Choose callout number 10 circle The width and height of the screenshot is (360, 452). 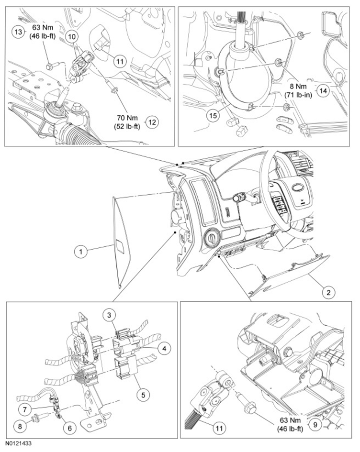(72, 36)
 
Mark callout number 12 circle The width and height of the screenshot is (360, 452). (153, 122)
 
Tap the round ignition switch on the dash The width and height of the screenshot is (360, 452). (211, 238)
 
